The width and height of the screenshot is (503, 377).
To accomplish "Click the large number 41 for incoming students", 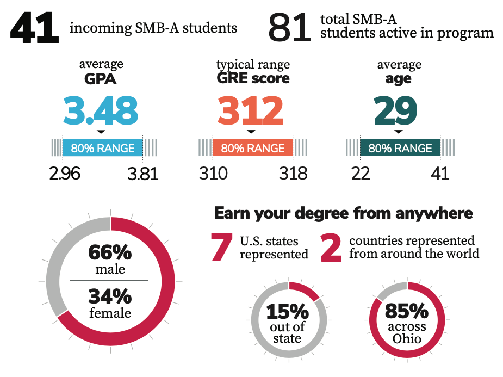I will [34, 29].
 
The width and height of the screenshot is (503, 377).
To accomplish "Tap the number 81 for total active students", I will [289, 29].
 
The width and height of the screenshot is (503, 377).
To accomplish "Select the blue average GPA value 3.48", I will [101, 110].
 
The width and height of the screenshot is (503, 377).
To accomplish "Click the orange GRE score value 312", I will [251, 110].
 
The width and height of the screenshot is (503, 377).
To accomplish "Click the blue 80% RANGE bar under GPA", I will [103, 148].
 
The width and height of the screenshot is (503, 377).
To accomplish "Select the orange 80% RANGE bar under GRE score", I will [252, 148].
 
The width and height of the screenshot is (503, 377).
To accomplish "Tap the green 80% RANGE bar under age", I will [400, 148].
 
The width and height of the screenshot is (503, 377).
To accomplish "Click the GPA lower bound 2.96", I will [65, 174].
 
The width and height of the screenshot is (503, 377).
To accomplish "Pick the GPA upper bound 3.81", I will [142, 174].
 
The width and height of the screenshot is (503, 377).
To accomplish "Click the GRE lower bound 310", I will [213, 174].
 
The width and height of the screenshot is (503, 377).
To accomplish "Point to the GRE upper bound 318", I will [293, 174].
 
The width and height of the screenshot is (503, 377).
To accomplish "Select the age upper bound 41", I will [440, 174].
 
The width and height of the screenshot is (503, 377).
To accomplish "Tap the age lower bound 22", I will [361, 174].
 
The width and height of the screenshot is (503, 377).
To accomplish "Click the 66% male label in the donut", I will [110, 254].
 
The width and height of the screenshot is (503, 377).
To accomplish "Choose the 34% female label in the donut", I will [110, 296].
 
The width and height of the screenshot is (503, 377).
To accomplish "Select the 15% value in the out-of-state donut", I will [287, 312].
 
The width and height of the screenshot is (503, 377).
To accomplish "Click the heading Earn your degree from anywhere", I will [343, 213].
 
